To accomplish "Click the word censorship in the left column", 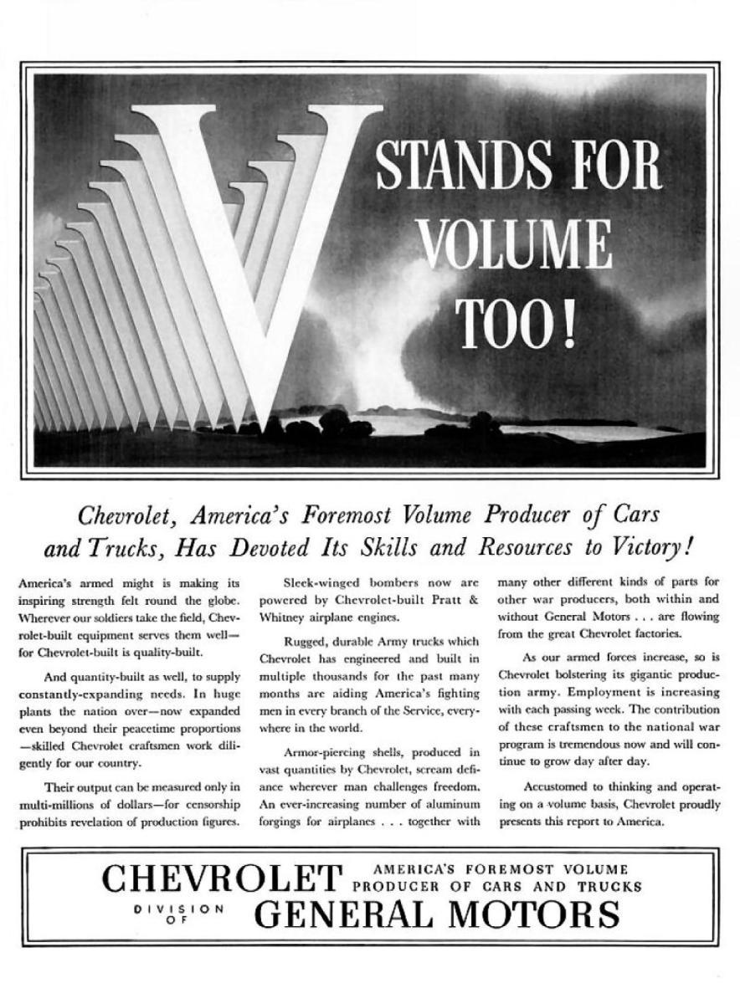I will coord(210,803).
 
